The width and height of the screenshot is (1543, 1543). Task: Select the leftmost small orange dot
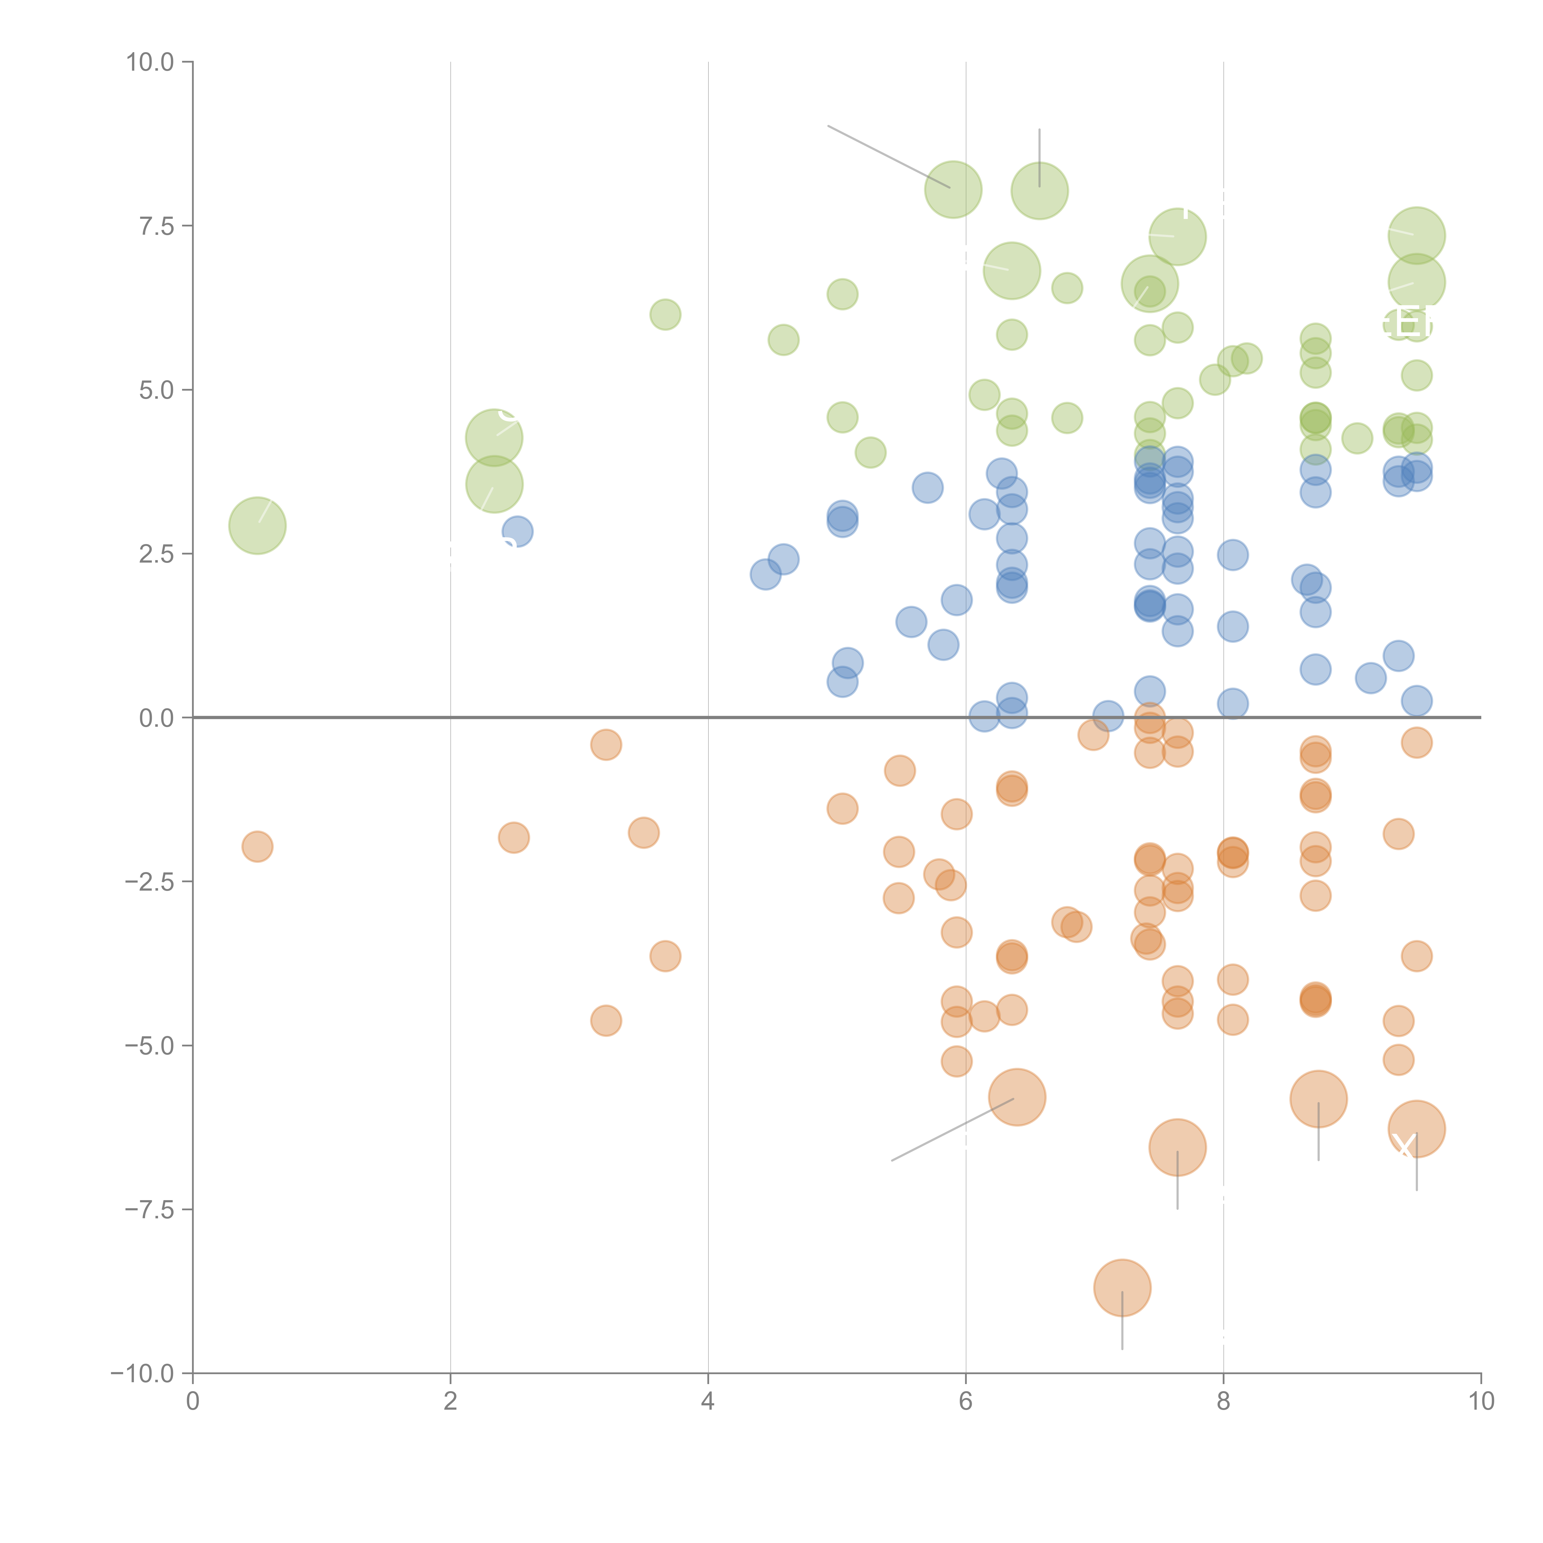click(x=257, y=846)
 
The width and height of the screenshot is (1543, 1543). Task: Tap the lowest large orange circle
click(x=1122, y=1287)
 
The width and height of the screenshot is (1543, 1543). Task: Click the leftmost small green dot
click(x=665, y=315)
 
